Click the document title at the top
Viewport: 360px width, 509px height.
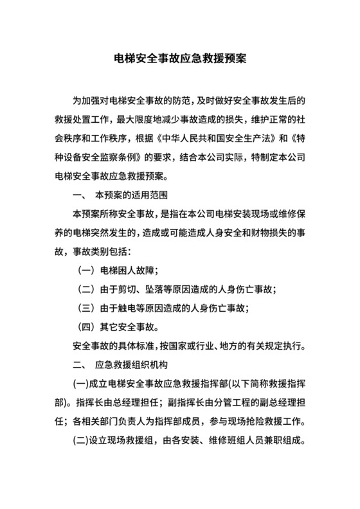(x=179, y=58)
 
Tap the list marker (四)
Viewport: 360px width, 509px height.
(x=87, y=328)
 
